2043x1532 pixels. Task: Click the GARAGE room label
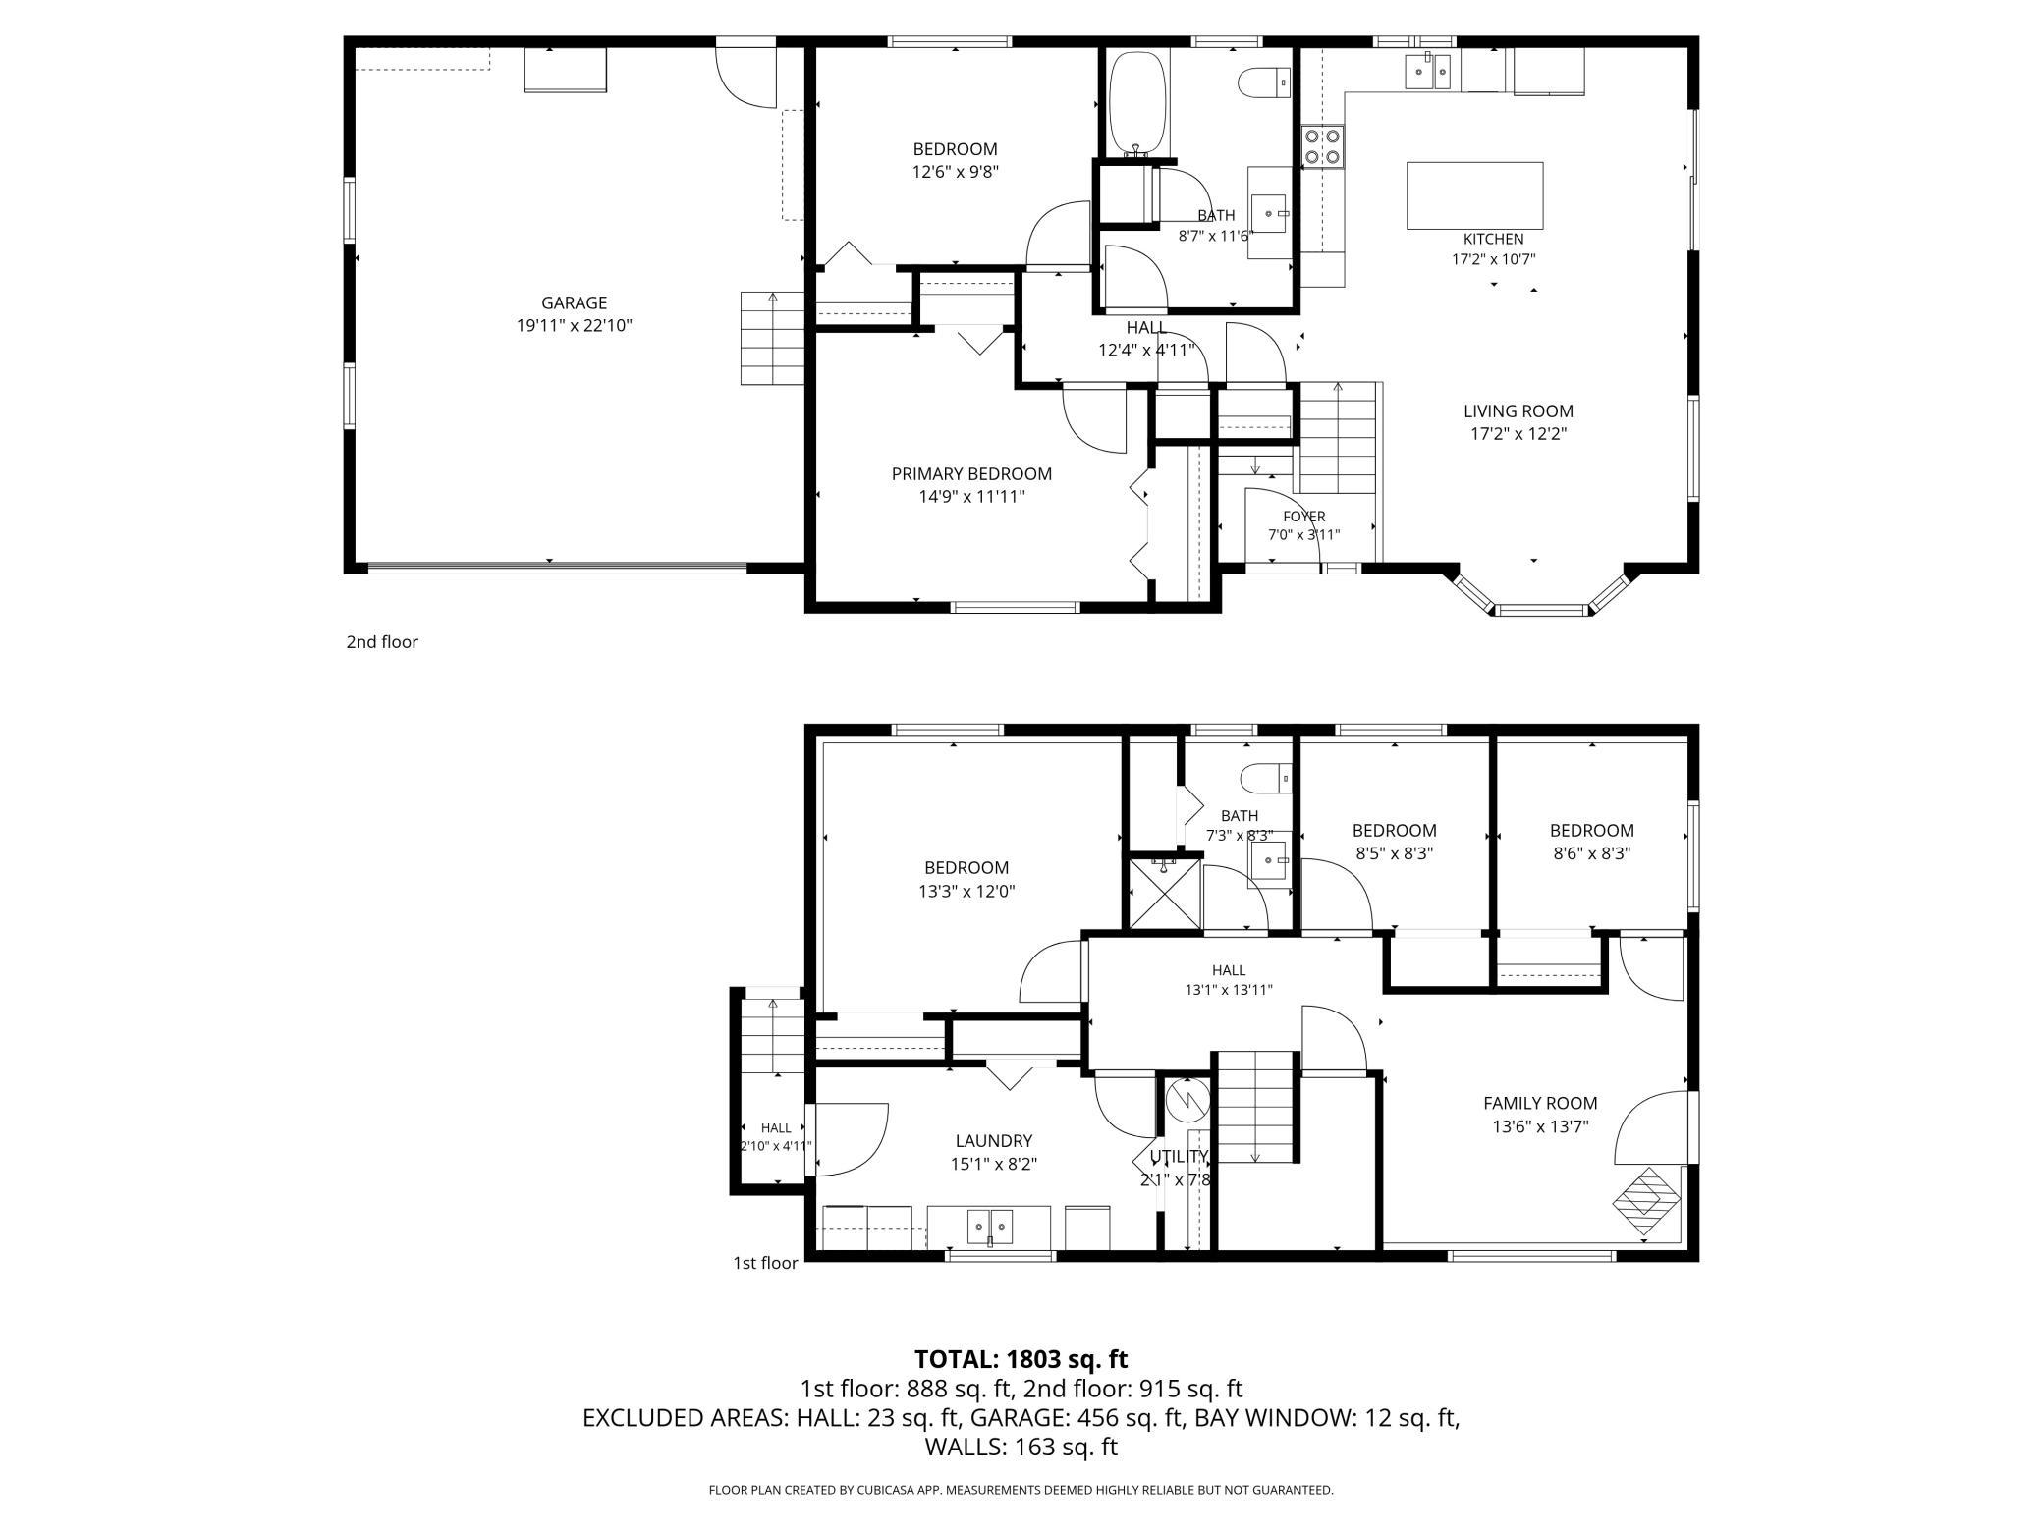point(574,303)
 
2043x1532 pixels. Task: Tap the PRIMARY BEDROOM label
point(971,474)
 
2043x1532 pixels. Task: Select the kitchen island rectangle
point(1475,195)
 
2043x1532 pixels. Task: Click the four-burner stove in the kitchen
point(1323,146)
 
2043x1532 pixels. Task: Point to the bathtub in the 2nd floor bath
point(1137,103)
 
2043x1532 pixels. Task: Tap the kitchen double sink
point(1428,70)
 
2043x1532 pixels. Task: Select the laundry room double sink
point(989,1227)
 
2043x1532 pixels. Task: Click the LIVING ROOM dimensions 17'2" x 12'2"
point(1518,434)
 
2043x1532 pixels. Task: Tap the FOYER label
point(1304,517)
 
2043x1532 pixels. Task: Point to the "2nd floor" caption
point(382,642)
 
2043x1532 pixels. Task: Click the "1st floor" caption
point(765,1263)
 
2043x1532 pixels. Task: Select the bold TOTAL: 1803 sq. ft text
point(1021,1359)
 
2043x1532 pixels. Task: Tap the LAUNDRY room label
point(994,1141)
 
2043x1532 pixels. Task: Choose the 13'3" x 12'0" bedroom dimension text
point(966,892)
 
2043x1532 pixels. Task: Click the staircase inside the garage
point(773,338)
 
